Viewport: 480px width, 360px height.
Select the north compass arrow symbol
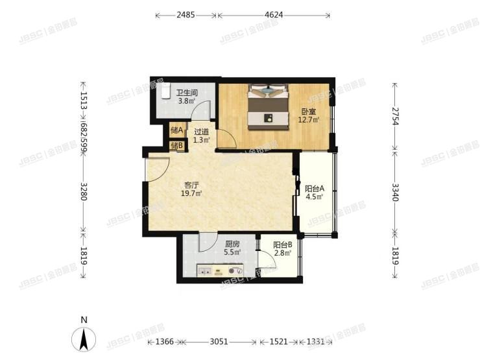pos(84,339)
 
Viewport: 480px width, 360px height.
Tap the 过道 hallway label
pos(202,132)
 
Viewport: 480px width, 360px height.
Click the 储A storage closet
pos(176,131)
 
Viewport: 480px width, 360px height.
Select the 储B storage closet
pos(176,145)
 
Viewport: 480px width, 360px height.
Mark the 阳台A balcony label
pos(315,189)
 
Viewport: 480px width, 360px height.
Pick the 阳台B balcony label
pos(282,245)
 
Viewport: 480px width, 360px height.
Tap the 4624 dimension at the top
pos(273,15)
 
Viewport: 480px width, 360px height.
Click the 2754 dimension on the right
pos(394,116)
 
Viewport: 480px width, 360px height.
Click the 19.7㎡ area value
pos(192,193)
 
